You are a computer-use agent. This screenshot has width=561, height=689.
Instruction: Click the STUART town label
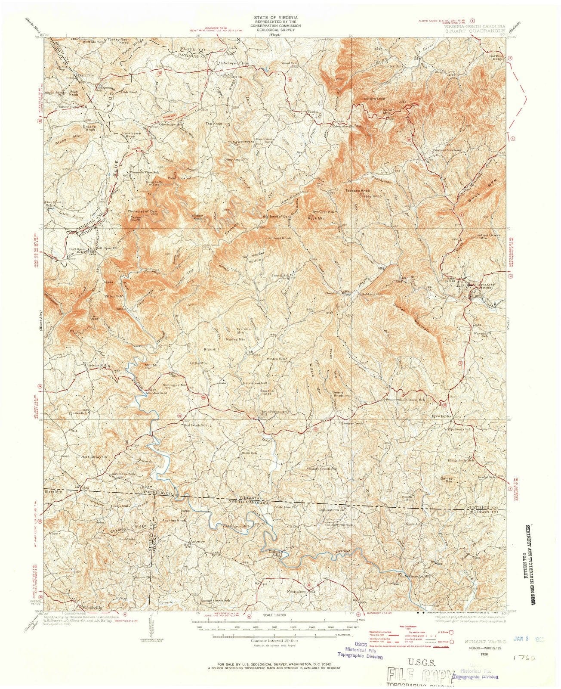coord(483,285)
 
